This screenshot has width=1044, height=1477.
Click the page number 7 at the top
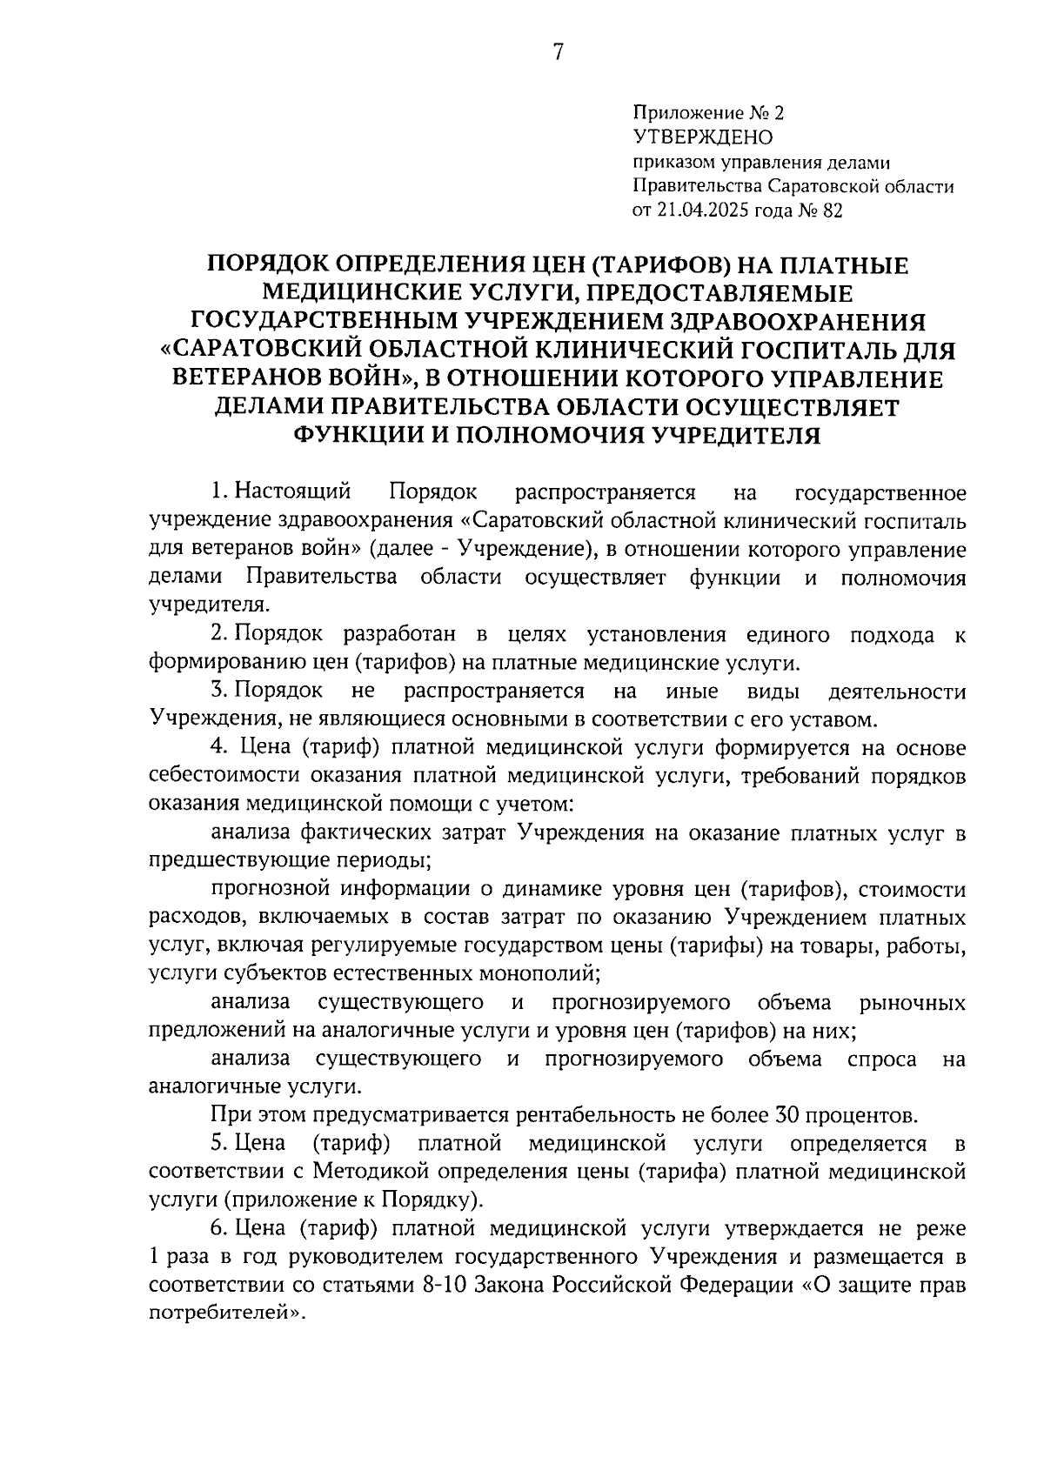pos(558,53)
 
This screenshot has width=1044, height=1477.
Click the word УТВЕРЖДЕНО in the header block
pos(702,137)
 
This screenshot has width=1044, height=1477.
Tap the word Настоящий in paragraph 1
pos(294,493)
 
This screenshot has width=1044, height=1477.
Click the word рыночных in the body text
pos(912,1003)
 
